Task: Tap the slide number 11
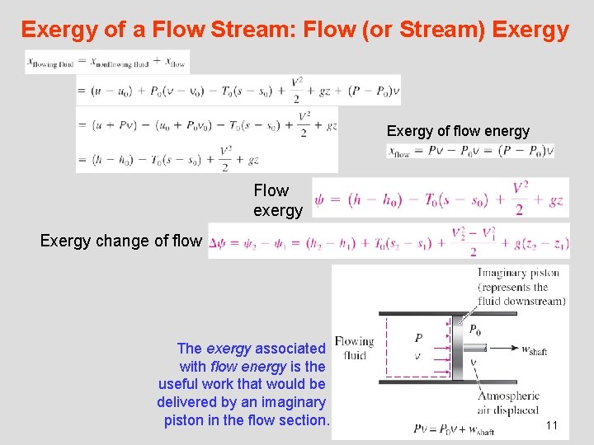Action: point(552,425)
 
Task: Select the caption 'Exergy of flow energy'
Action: point(458,131)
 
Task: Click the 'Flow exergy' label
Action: point(277,200)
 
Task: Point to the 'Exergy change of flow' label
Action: point(120,241)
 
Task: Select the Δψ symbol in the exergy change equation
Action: point(218,243)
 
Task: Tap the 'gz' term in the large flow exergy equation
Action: point(555,199)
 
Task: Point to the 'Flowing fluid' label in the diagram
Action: point(353,349)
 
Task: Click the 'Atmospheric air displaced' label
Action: point(508,401)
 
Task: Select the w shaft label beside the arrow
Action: point(534,349)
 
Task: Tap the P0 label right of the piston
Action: point(475,330)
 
